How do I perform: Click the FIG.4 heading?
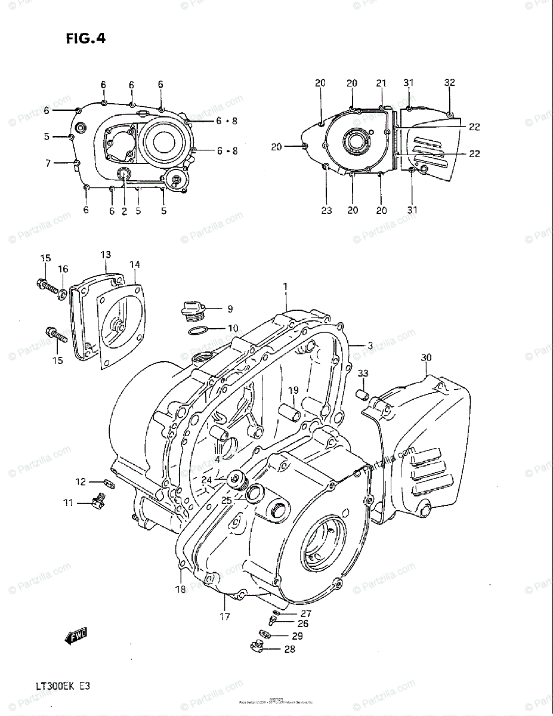[85, 39]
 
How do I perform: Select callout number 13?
[106, 255]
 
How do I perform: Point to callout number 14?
[135, 264]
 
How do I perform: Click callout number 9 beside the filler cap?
[229, 309]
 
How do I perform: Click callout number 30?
[425, 357]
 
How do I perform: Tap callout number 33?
[363, 374]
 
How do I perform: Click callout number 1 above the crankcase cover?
[285, 287]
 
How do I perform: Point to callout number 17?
[224, 616]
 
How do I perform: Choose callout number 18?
[180, 589]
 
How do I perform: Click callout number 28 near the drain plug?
[289, 649]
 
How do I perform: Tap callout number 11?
[69, 503]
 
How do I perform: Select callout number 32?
[450, 82]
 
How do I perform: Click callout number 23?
[326, 210]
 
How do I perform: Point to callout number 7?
[48, 163]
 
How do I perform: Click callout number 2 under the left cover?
[124, 211]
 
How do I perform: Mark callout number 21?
[381, 83]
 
